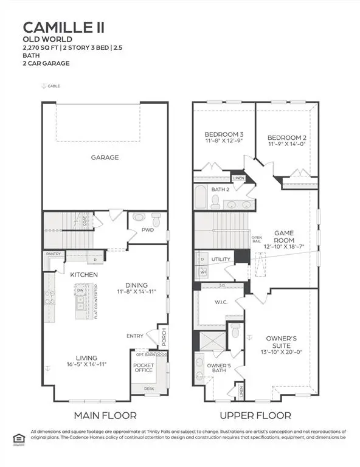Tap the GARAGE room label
pyautogui.click(x=105, y=157)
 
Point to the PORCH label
pyautogui.click(x=162, y=336)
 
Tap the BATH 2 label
pyautogui.click(x=220, y=190)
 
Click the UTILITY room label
pyautogui.click(x=220, y=259)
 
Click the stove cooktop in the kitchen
pyautogui.click(x=49, y=298)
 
